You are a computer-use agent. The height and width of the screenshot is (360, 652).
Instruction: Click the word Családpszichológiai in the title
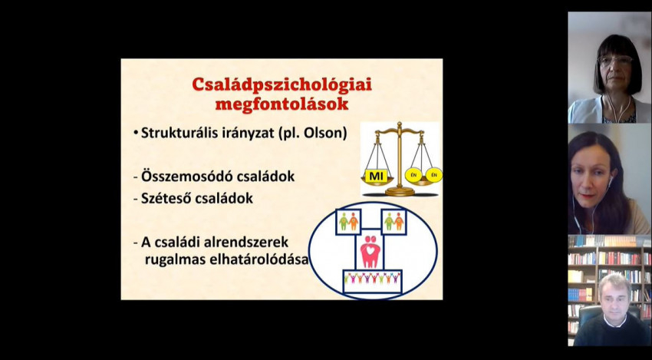[x=282, y=85]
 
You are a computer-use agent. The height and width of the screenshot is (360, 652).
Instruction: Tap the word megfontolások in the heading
[x=282, y=104]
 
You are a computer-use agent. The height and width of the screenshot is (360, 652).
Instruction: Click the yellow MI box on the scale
[x=377, y=176]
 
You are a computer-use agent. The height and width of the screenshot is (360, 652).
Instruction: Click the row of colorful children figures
[x=372, y=278]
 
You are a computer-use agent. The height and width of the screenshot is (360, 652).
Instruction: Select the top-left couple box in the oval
[x=348, y=221]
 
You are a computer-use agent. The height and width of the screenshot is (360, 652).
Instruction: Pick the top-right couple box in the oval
[x=394, y=221]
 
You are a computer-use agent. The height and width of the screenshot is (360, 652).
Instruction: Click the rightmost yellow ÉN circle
[x=434, y=175]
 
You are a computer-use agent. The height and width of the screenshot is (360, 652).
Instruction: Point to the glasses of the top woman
[x=615, y=61]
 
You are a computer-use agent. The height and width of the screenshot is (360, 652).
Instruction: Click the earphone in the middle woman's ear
[x=610, y=182]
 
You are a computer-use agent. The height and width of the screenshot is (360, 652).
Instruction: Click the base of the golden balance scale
[x=400, y=191]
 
